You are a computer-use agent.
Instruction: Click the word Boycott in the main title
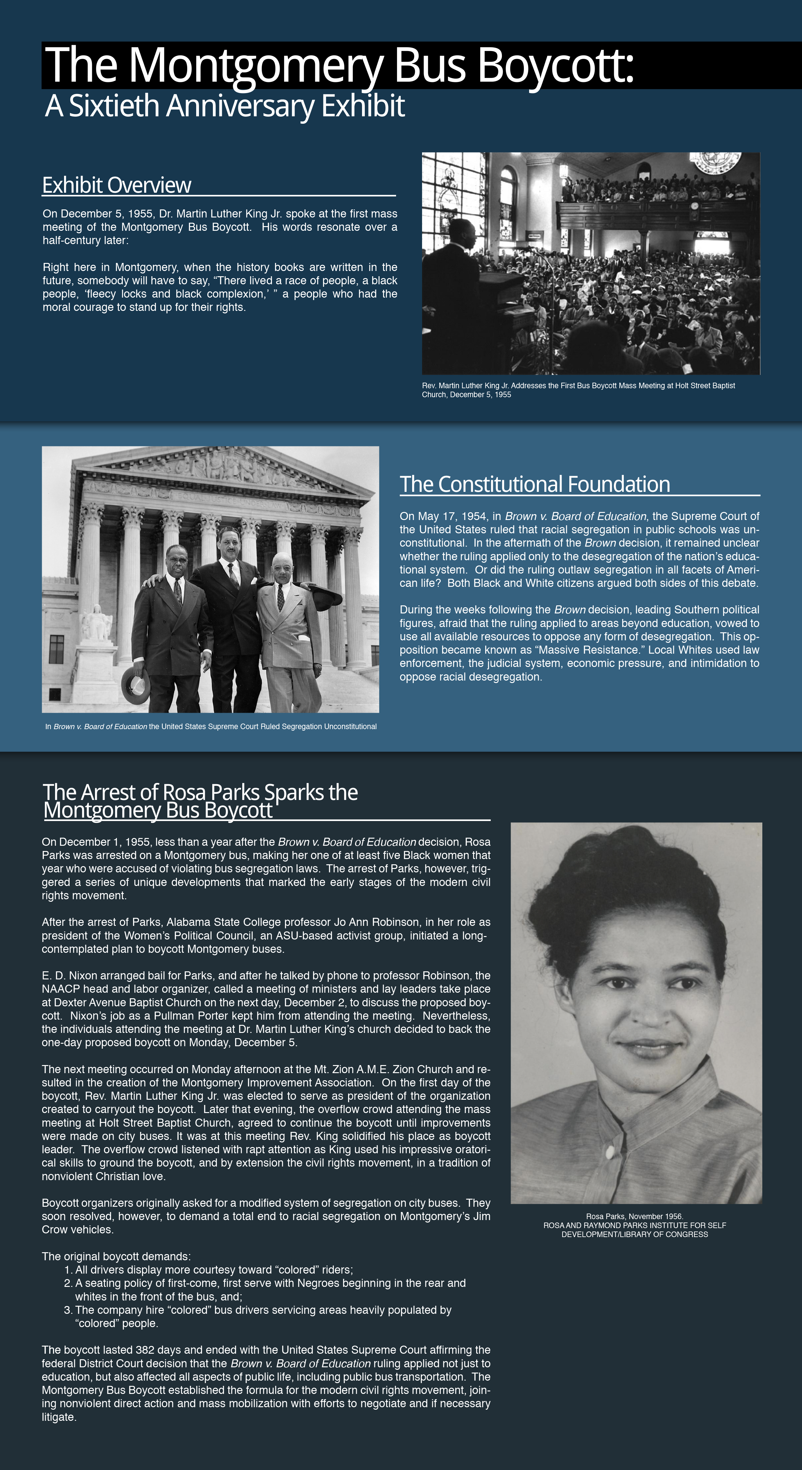(555, 66)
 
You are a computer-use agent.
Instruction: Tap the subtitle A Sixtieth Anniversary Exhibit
(225, 106)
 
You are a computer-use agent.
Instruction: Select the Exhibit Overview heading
(116, 186)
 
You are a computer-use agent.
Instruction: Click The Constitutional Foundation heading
(534, 484)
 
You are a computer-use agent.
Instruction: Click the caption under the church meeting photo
(578, 390)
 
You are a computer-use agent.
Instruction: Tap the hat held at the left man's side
(136, 685)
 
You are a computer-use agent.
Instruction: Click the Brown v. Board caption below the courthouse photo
(211, 726)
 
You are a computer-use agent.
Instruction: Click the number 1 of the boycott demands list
(68, 1270)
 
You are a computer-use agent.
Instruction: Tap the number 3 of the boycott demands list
(68, 1310)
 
